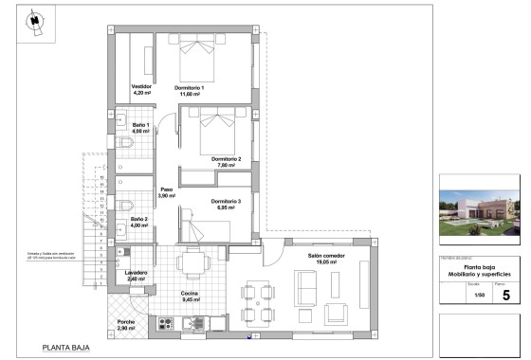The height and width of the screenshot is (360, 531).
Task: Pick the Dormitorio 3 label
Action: coord(226,204)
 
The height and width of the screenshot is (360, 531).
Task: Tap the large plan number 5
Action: coord(504,295)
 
